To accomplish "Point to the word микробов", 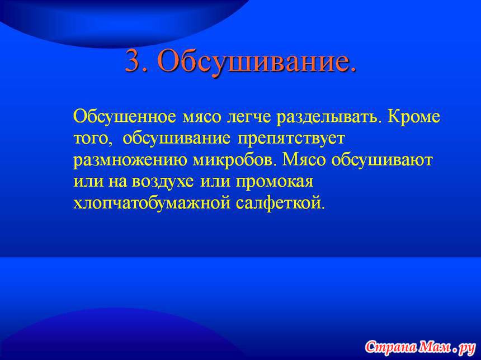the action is [233, 160].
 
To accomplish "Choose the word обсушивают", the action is [381, 160].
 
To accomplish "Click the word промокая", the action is [275, 182].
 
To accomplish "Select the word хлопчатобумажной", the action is [152, 202].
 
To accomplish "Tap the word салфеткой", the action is [280, 202].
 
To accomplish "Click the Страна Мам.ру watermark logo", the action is [420, 347].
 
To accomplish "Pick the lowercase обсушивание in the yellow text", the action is [176, 139].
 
